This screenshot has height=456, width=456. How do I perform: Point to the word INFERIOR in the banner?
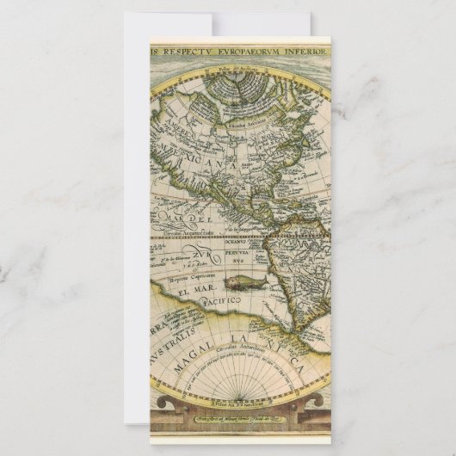306,51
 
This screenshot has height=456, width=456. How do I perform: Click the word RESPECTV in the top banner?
186,51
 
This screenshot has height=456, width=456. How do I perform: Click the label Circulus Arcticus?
243,126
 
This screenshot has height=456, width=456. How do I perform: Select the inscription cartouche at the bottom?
240,414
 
